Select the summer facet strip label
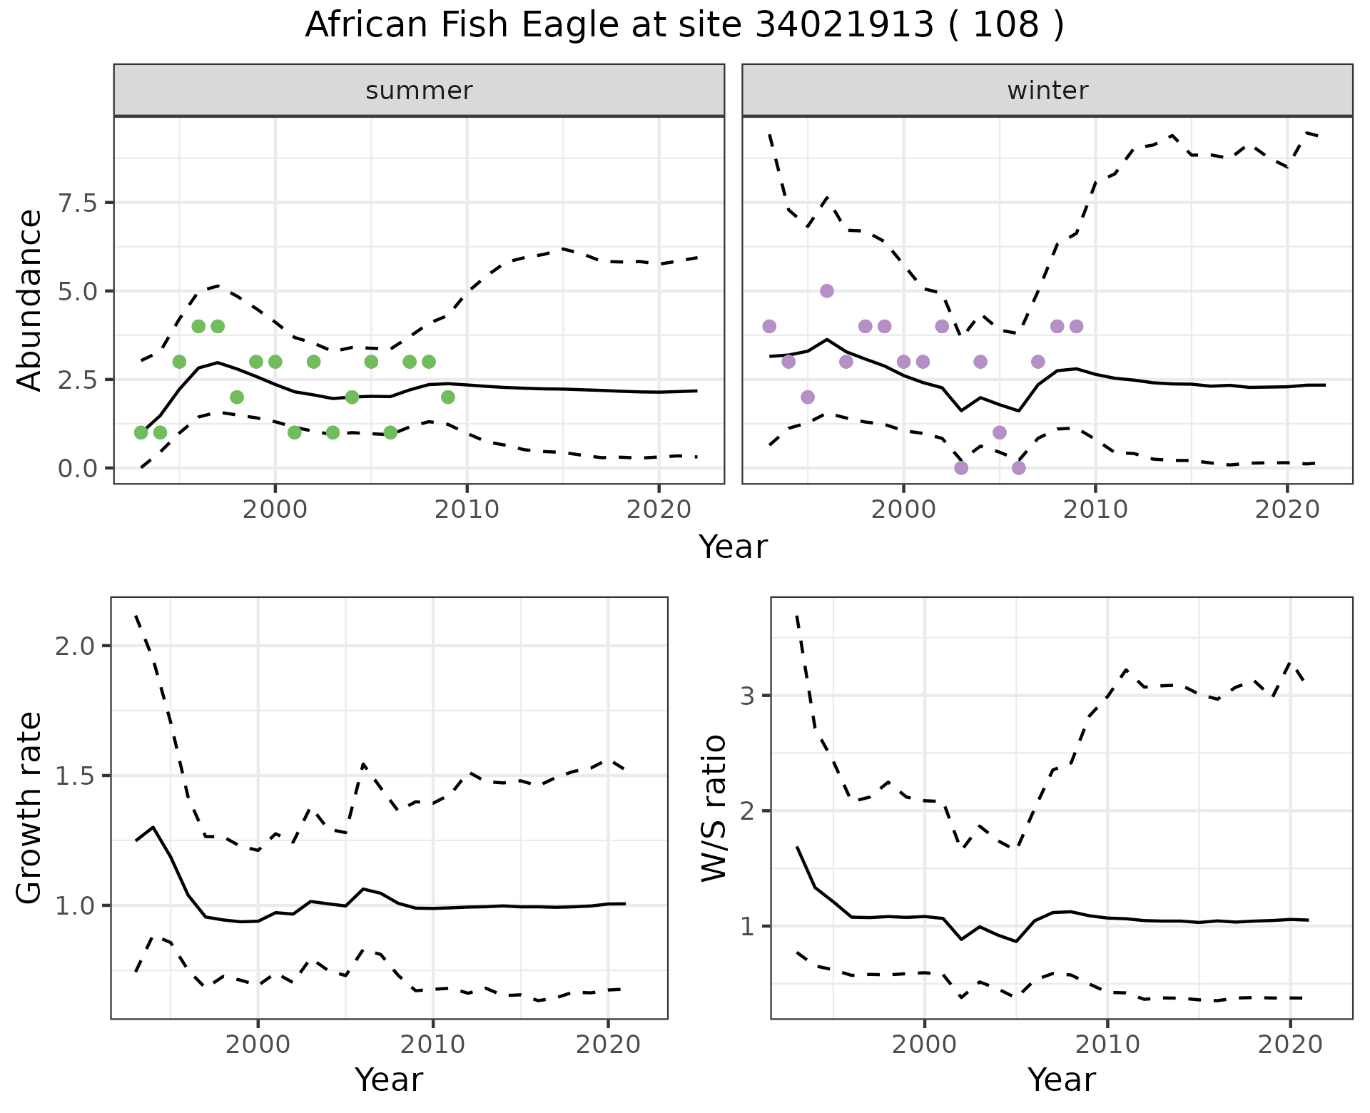419,91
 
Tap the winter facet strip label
1047,91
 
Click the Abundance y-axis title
30,300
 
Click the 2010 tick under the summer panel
467,509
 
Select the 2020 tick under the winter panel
1287,509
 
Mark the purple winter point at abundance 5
827,291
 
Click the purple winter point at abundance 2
808,397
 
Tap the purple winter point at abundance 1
1000,432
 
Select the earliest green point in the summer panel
141,432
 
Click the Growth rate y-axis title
30,808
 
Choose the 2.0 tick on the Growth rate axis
78,646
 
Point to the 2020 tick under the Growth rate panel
608,1045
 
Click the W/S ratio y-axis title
714,808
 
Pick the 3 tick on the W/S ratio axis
747,696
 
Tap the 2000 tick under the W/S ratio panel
924,1045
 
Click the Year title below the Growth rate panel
389,1079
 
